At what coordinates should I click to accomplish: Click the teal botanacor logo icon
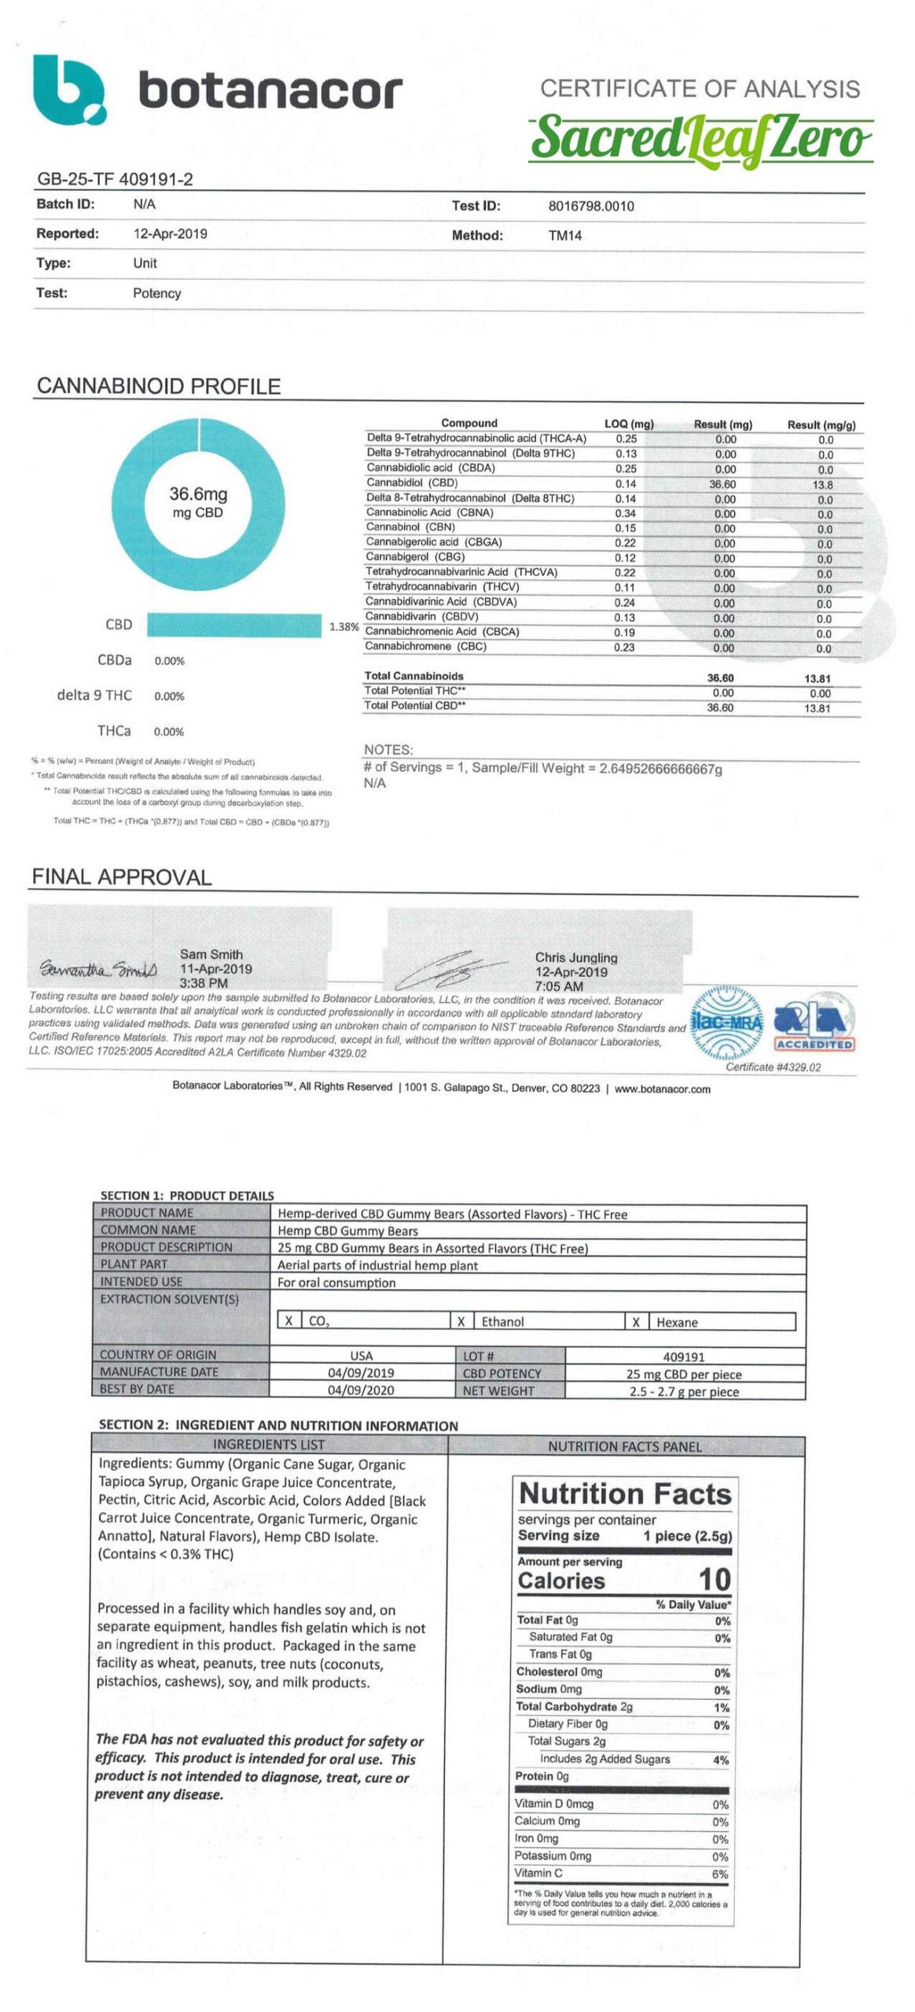[69, 90]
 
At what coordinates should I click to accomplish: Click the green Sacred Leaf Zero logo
[700, 138]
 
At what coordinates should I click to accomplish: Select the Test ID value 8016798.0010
[590, 207]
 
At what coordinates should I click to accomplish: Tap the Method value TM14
[564, 236]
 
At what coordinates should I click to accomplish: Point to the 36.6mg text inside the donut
[198, 494]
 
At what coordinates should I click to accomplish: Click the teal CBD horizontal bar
[233, 626]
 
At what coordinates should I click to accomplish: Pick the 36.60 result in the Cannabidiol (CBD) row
[722, 485]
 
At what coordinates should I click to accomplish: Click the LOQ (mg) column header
[629, 424]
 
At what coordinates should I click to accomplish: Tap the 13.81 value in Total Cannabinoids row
[818, 679]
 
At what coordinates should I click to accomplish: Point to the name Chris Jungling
[575, 958]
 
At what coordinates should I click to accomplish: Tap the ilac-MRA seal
[726, 1023]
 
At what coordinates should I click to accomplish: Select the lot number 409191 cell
[683, 1357]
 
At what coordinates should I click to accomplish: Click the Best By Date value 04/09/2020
[361, 1390]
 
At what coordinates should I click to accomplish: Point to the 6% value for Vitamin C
[719, 1874]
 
